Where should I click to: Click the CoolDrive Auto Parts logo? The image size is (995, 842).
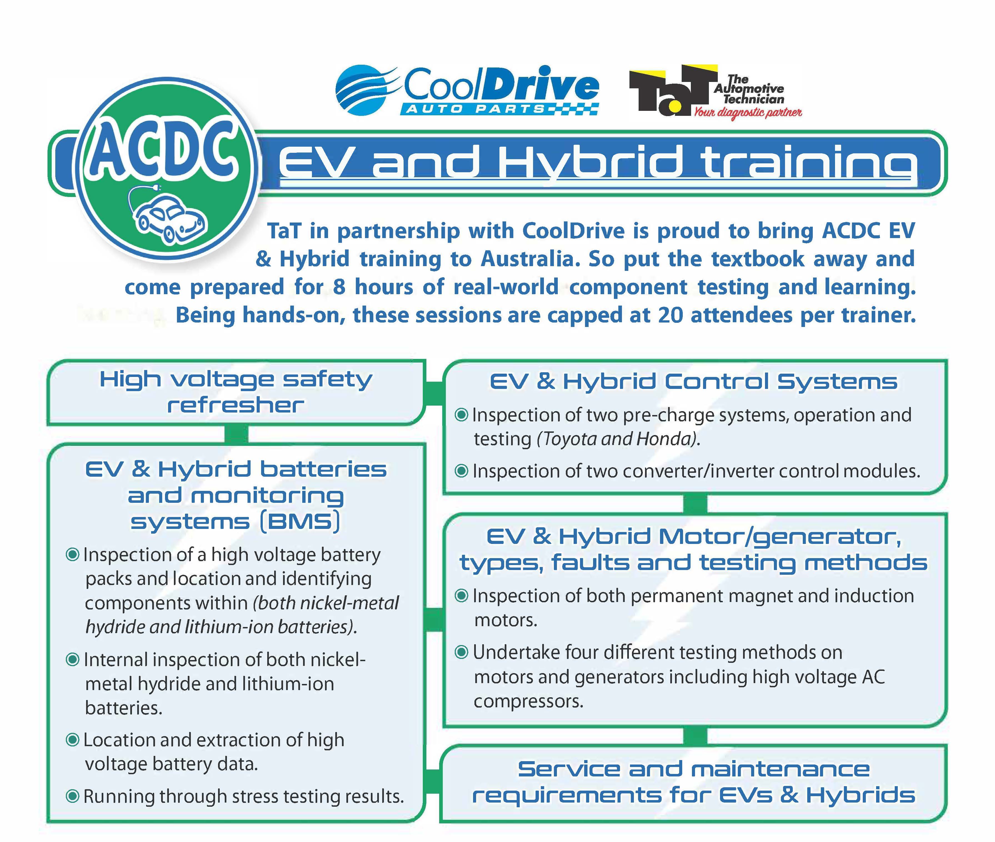[467, 91]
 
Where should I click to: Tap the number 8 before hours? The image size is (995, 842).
[339, 287]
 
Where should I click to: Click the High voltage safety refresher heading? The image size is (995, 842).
[236, 392]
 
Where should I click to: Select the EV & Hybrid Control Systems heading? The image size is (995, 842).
[693, 382]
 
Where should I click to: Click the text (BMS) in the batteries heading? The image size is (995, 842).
[300, 521]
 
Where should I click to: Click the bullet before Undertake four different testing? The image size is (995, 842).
[461, 653]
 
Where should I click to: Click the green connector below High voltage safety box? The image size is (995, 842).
[236, 434]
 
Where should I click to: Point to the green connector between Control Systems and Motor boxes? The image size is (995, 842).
[695, 504]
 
